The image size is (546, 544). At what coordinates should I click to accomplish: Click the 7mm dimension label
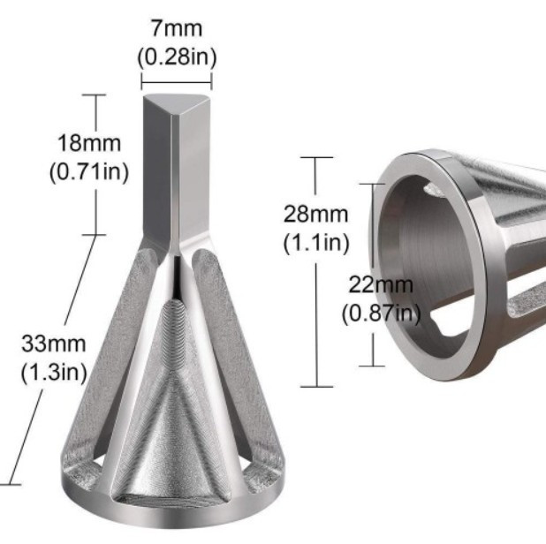(177, 28)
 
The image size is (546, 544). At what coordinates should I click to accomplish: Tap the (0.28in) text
(177, 57)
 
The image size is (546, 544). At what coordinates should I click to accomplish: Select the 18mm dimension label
(89, 143)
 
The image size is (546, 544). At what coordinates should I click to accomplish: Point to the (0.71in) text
(89, 172)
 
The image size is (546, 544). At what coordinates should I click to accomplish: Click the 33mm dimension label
(54, 344)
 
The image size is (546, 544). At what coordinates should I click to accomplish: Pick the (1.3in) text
(54, 373)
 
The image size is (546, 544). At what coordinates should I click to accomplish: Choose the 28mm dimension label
(315, 214)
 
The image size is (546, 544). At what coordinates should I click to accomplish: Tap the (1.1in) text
(316, 243)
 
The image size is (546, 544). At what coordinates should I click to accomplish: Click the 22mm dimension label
(381, 284)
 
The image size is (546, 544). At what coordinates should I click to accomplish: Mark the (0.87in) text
(382, 314)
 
